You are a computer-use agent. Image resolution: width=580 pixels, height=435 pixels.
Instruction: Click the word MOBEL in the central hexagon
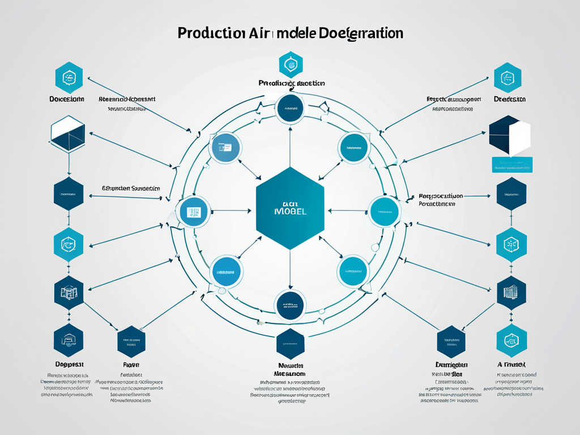[290, 210]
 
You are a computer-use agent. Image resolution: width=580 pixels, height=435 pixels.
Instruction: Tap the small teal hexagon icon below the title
[291, 64]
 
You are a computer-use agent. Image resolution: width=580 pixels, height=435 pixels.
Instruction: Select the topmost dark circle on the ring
[290, 109]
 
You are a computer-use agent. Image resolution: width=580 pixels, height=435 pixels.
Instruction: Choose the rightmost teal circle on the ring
[385, 211]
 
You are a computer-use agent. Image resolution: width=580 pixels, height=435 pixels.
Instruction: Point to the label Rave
[130, 365]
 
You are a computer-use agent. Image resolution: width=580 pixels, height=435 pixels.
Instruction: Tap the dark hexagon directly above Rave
[131, 342]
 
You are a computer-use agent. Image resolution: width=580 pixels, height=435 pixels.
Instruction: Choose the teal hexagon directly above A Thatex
[511, 341]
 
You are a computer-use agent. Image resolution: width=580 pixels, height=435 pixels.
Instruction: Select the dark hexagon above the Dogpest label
[69, 341]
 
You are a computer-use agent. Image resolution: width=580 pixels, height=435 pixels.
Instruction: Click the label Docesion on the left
[67, 99]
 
